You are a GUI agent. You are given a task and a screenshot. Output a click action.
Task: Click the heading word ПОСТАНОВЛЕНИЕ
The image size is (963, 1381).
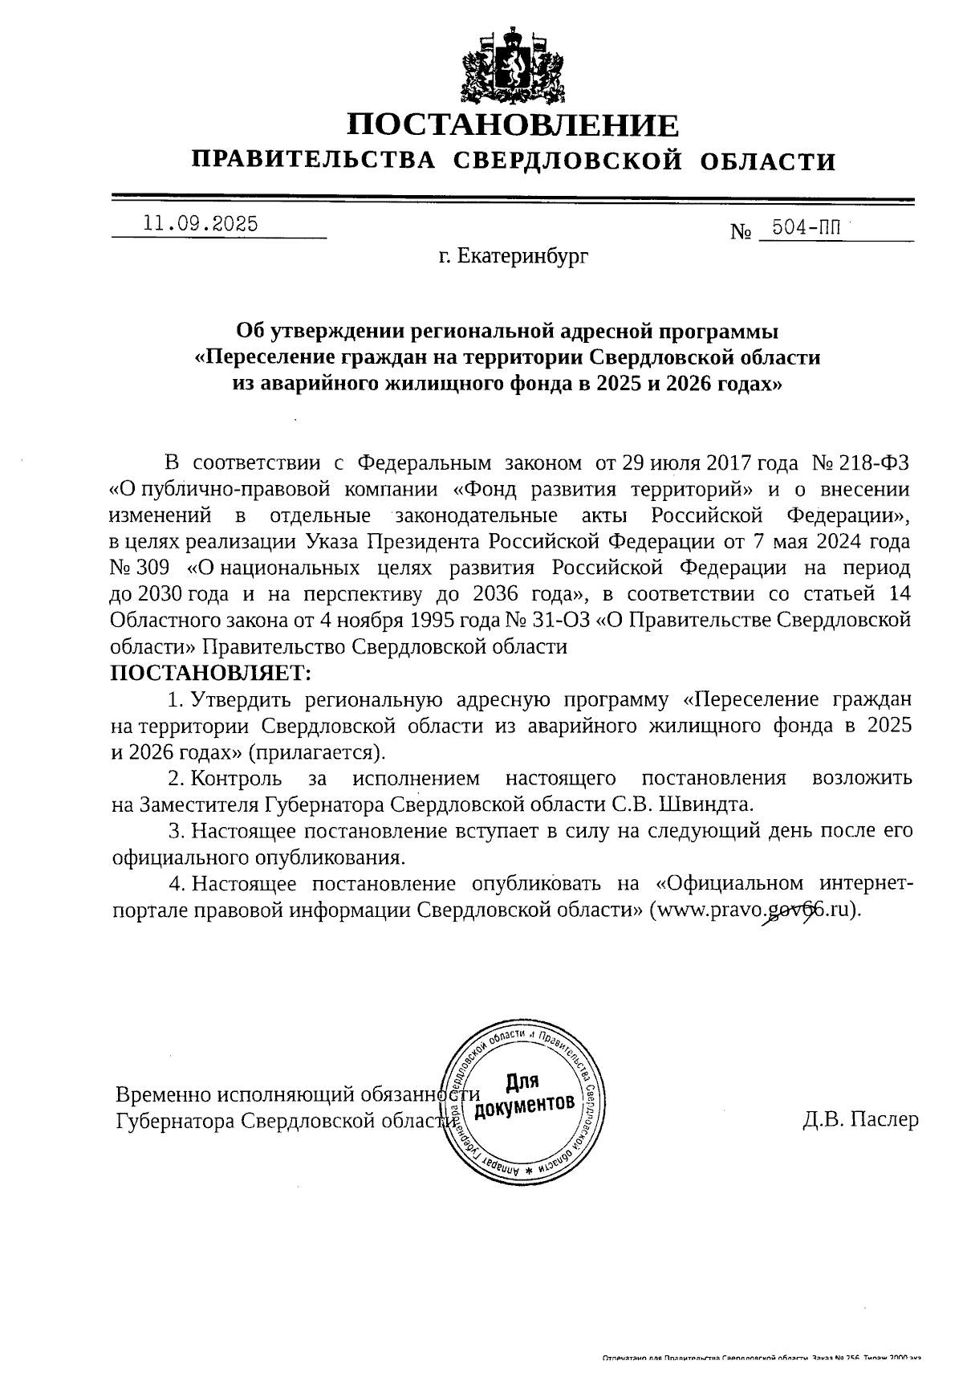(x=513, y=126)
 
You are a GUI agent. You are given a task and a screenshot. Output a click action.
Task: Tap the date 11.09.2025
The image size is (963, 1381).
(x=201, y=224)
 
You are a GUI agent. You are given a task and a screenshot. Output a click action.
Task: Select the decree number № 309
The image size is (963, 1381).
(x=139, y=568)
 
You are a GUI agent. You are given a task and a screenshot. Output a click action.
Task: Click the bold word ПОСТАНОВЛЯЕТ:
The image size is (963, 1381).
(x=209, y=672)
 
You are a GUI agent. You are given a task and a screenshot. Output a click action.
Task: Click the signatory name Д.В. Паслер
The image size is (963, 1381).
(x=860, y=1120)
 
